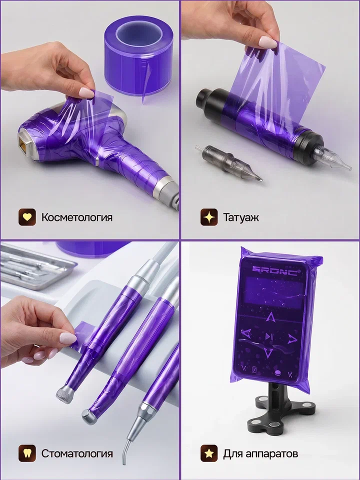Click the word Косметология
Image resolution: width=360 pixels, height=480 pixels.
tap(77, 217)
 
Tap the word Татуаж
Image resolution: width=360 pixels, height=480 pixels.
tap(241, 217)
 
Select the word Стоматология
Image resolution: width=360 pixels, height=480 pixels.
tap(77, 453)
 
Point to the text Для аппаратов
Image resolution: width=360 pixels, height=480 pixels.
tap(260, 453)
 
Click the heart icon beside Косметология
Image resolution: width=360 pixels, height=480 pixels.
tap(27, 217)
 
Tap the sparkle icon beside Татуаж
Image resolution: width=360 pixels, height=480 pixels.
tap(209, 217)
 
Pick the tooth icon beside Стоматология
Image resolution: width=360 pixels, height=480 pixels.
tap(27, 453)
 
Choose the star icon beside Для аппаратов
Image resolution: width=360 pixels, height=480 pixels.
tap(209, 453)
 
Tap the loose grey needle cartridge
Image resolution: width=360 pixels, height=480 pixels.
tap(228, 162)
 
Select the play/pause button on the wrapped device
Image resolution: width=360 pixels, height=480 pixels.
tap(269, 336)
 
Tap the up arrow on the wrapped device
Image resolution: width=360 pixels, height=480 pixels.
tap(270, 317)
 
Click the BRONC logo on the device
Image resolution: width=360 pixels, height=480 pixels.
tap(274, 270)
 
